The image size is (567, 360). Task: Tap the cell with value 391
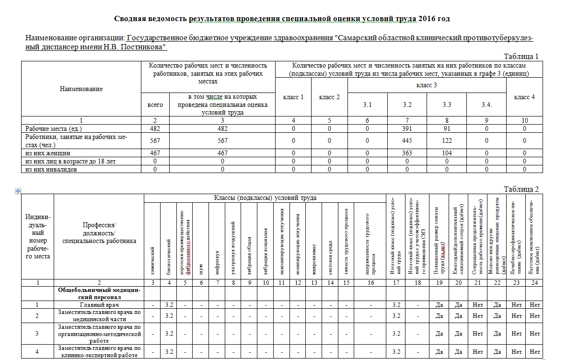[x=407, y=129]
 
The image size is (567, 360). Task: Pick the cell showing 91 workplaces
[x=447, y=129]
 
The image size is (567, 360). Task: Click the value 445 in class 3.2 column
[x=407, y=140]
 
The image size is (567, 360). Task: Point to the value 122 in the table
[x=447, y=140]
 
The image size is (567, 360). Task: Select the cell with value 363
[x=407, y=152]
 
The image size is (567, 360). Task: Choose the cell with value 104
[x=447, y=152]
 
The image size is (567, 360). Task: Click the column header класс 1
[x=293, y=97]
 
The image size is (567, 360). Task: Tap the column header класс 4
[x=524, y=97]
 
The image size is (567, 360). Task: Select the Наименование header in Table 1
[x=81, y=89]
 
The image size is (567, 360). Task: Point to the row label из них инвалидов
[x=51, y=169]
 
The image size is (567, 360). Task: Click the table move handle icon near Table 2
[x=18, y=191]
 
